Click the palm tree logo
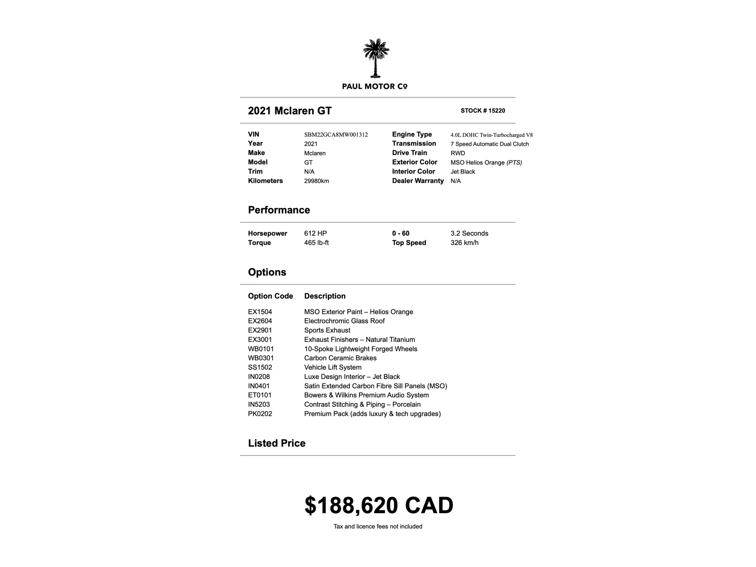376,58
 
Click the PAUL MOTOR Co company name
374,86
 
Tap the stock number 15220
482,111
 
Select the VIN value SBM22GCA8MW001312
336,135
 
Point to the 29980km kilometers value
316,181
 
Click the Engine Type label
412,134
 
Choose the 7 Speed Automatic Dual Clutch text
489,144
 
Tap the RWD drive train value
457,153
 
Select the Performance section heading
279,210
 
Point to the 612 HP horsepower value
315,233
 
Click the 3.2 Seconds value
469,233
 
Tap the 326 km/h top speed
464,243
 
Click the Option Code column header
270,296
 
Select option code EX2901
260,330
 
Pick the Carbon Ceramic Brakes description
340,358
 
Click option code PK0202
260,414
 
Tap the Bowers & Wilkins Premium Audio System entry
366,395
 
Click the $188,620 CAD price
378,505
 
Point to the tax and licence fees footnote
378,526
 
